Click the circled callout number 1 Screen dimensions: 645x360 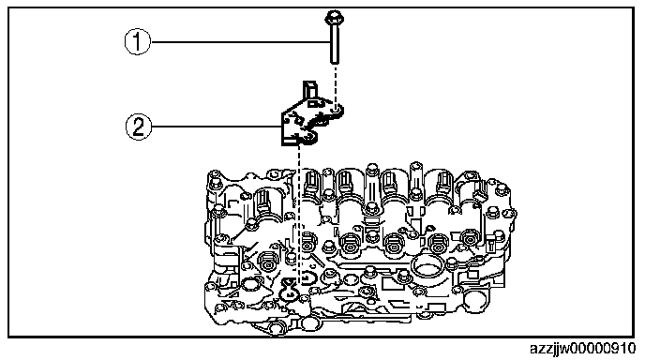138,41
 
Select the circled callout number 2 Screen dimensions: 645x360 138,127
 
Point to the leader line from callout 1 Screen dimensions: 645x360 241,41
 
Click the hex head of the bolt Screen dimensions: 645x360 334,18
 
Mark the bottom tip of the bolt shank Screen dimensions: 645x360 335,63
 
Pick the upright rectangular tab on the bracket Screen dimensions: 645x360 309,90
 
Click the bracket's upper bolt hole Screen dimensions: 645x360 336,110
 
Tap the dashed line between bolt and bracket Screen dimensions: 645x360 336,84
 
